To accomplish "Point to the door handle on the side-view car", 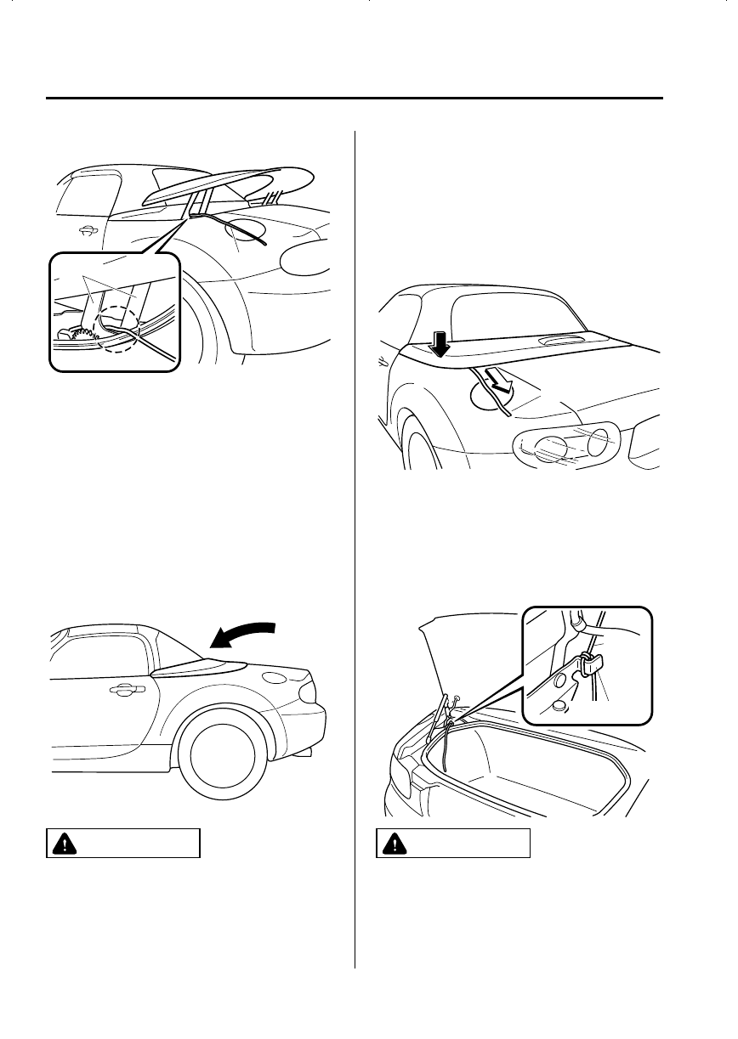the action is click(x=126, y=691).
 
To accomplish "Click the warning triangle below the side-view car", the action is click(x=62, y=844).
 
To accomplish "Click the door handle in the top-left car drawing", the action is click(x=86, y=229).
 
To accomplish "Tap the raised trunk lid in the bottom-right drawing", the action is click(x=438, y=654).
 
